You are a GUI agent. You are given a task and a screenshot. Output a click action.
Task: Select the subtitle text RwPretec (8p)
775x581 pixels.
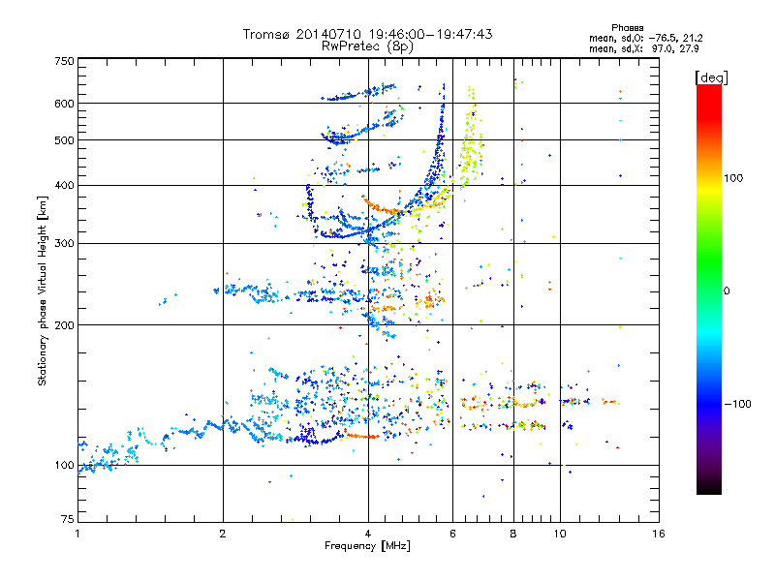367,46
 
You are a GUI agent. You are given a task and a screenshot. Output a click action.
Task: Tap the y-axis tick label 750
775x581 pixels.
64,61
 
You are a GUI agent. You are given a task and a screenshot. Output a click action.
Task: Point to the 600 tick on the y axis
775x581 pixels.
64,104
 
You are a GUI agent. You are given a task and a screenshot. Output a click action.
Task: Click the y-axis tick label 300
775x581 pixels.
64,243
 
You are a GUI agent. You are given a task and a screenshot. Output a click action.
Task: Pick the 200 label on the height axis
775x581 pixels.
64,324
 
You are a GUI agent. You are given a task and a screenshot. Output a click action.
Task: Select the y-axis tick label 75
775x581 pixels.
67,519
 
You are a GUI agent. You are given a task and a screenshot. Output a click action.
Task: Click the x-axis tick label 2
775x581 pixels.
223,534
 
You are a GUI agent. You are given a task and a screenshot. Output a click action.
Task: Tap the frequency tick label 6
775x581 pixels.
452,534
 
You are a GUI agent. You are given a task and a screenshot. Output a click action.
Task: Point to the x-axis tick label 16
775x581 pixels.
659,534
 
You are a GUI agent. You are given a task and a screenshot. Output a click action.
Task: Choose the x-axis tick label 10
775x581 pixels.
560,534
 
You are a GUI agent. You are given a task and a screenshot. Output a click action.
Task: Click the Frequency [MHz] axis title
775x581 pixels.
367,546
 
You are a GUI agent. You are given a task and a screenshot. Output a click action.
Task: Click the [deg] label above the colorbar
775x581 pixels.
712,77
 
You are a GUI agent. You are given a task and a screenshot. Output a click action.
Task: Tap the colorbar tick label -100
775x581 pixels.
737,404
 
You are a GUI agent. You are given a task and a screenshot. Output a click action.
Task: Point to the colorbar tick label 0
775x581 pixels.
727,290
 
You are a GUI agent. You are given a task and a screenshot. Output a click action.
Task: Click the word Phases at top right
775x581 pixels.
628,28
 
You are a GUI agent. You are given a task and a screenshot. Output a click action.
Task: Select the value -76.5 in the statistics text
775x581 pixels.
664,38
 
